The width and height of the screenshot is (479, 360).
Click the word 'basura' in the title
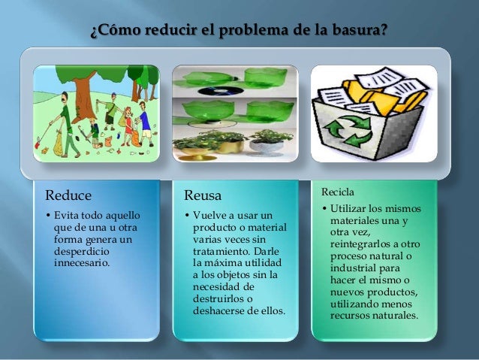pyautogui.click(x=358, y=32)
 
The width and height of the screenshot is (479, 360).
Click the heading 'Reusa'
pyautogui.click(x=203, y=195)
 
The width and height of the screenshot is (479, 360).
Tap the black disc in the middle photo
pyautogui.click(x=218, y=88)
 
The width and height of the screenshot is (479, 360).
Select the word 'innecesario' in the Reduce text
pyautogui.click(x=82, y=264)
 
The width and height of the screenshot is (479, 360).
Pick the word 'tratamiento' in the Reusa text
pyautogui.click(x=220, y=252)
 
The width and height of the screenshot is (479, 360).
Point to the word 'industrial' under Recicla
pyautogui.click(x=354, y=268)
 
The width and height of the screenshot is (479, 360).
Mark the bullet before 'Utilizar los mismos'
pyautogui.click(x=324, y=209)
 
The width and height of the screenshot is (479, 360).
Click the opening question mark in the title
pyautogui.click(x=93, y=32)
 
